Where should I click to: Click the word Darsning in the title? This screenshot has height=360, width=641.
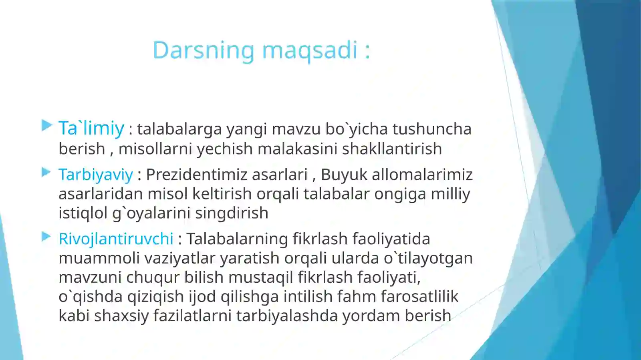pos(203,50)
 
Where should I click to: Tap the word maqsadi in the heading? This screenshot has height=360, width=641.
pos(309,50)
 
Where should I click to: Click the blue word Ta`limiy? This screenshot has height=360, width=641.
pos(91,128)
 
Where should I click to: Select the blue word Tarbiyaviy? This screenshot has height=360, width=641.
pos(95,175)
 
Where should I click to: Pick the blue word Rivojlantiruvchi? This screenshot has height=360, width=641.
pos(116,239)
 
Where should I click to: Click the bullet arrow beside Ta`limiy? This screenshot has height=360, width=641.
pos(46,126)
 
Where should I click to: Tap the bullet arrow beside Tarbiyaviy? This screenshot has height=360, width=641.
pos(46,173)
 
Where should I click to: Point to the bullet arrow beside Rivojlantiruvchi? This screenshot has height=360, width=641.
pos(46,237)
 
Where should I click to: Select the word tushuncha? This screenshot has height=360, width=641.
pos(432,129)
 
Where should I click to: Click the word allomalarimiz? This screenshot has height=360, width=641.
pos(422,175)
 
